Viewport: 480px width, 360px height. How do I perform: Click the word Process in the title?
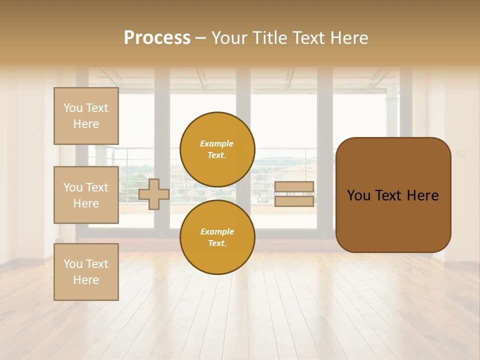[x=157, y=38]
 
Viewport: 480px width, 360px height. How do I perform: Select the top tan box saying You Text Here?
[x=86, y=116]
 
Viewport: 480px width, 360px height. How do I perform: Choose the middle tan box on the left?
[x=86, y=195]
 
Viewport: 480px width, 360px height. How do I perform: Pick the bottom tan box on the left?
[x=86, y=272]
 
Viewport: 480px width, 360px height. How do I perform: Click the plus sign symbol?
[x=154, y=194]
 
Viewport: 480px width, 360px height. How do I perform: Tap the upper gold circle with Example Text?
[x=217, y=149]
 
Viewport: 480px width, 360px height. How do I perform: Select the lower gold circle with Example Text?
[x=217, y=237]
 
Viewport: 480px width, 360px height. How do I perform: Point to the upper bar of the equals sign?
[x=294, y=187]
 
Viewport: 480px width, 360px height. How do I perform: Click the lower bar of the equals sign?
[x=294, y=201]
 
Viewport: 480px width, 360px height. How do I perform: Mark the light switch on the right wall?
[x=462, y=152]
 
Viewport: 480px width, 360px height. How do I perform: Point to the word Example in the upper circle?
[x=217, y=144]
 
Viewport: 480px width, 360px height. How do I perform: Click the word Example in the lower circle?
[x=217, y=232]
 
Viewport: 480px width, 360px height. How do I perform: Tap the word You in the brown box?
[x=359, y=195]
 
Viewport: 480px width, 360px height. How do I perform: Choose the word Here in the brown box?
[x=422, y=195]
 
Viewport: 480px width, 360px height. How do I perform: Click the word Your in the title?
[x=229, y=38]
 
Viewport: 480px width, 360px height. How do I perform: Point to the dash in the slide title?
[x=201, y=38]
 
